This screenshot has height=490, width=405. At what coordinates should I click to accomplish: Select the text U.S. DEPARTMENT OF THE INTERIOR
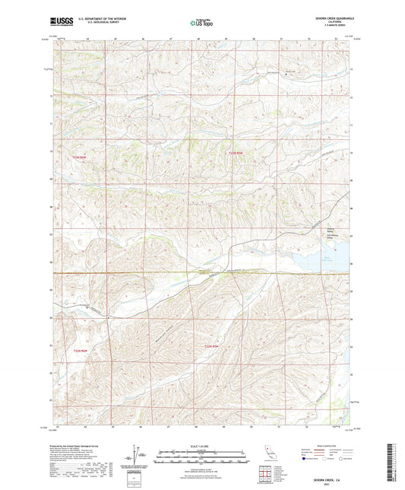95,17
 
